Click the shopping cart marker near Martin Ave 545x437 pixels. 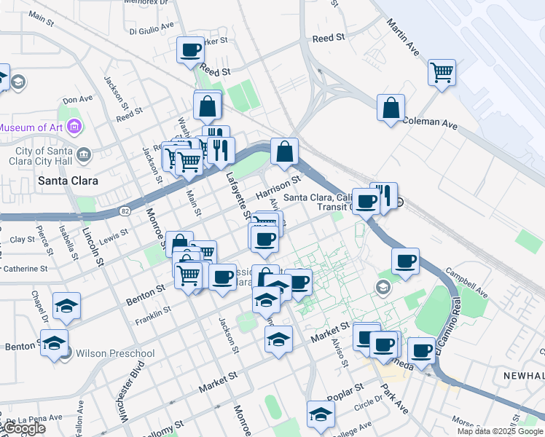[x=442, y=73]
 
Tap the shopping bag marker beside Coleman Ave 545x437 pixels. [x=391, y=108]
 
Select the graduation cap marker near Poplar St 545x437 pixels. [x=320, y=414]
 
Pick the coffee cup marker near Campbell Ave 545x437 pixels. [x=405, y=261]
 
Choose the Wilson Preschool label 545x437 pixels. [x=116, y=354]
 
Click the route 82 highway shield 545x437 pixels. [x=125, y=210]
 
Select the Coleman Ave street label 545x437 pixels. [x=429, y=122]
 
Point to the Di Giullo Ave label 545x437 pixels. [x=152, y=28]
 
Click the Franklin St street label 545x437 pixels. [x=152, y=315]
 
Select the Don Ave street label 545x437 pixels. [x=78, y=99]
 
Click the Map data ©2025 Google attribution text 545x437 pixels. [x=499, y=431]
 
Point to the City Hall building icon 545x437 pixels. [x=84, y=154]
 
